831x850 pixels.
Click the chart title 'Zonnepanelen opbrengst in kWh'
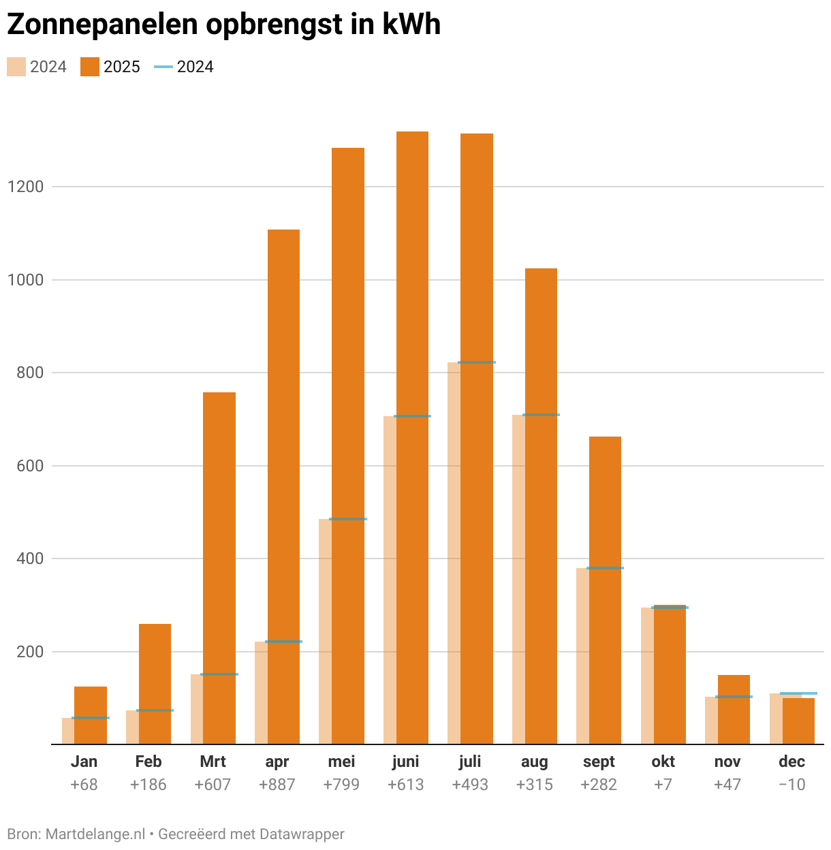223,25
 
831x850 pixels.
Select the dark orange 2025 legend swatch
89,67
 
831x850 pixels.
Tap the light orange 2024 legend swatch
16,67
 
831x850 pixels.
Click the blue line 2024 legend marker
163,67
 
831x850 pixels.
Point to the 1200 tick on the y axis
25,187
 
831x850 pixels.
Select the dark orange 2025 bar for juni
412,436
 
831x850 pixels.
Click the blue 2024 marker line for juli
476,362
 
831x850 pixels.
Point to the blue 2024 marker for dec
798,693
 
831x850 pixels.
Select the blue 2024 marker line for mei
347,519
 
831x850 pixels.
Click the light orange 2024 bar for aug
518,579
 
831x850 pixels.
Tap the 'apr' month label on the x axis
277,761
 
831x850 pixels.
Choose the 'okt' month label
663,761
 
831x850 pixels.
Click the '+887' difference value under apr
277,785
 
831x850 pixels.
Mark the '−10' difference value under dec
791,785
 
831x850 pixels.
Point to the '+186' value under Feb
148,785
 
